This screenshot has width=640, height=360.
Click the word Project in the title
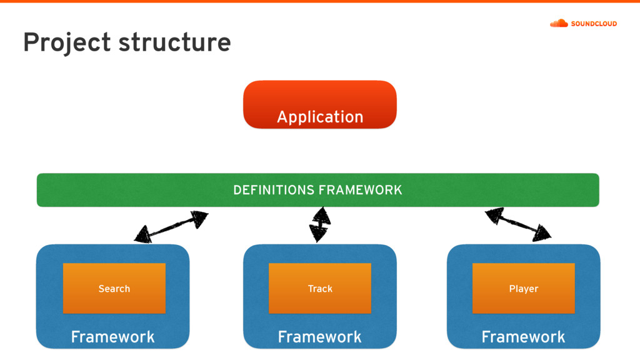click(x=67, y=43)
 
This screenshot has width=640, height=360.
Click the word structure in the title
click(x=175, y=42)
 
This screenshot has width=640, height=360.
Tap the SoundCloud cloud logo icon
click(x=559, y=23)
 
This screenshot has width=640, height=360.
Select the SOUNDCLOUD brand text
click(x=594, y=24)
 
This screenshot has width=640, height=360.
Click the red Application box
click(x=319, y=104)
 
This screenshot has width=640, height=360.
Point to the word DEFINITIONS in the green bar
click(x=274, y=190)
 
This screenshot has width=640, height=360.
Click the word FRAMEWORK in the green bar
click(x=361, y=190)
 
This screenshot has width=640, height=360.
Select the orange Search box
click(x=114, y=288)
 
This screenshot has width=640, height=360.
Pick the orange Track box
click(x=319, y=288)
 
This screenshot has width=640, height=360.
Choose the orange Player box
click(x=523, y=288)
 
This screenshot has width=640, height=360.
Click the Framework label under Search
click(x=112, y=337)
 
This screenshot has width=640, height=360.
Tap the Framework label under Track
click(x=319, y=337)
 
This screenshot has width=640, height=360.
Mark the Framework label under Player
click(x=523, y=337)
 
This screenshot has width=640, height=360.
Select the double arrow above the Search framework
click(x=171, y=227)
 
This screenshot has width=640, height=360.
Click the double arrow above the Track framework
click(x=320, y=224)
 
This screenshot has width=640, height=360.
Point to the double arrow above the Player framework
click(x=518, y=224)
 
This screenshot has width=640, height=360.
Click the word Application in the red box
click(x=320, y=117)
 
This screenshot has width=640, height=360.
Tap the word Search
click(x=114, y=289)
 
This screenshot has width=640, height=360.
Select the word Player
click(x=524, y=289)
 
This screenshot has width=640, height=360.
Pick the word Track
click(x=320, y=289)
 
